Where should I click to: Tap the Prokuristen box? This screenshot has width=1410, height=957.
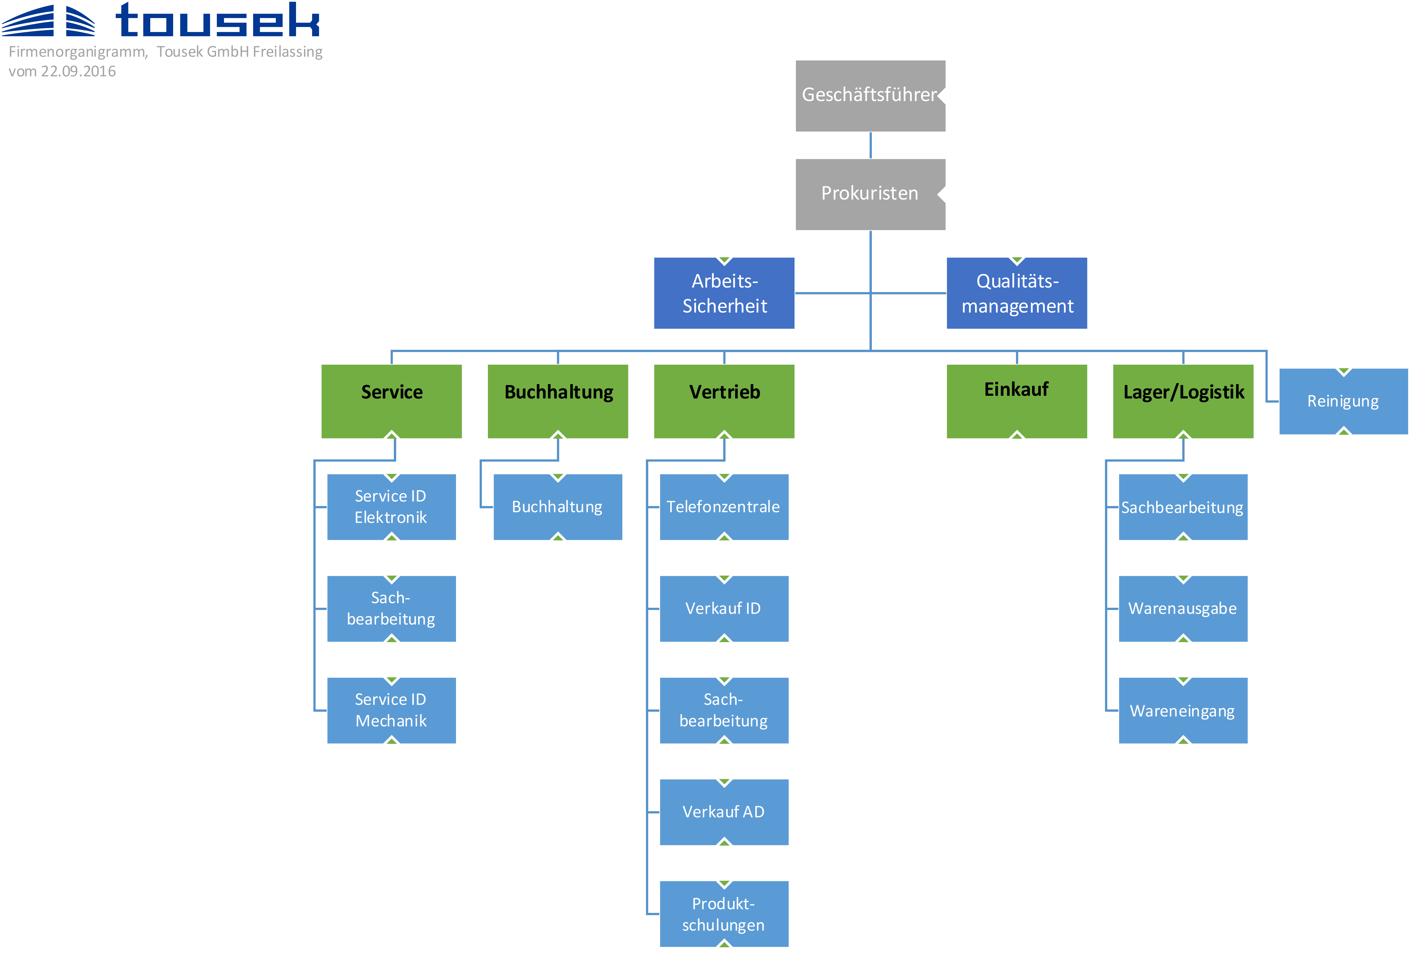870,194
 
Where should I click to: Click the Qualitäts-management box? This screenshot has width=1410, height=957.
1017,293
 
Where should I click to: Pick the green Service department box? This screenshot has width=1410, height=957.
391,401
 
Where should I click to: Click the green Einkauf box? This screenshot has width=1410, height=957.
1017,401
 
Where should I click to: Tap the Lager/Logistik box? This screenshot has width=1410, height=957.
1183,401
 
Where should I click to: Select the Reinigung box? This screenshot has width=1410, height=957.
1343,401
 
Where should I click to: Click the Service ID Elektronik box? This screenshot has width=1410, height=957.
391,507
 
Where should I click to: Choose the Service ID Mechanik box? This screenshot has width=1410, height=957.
391,710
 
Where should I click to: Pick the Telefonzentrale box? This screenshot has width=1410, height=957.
724,507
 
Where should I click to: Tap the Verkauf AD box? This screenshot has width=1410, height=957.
724,812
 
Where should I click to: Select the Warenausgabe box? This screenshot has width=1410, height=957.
1183,609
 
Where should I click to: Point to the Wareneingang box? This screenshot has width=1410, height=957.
1183,710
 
